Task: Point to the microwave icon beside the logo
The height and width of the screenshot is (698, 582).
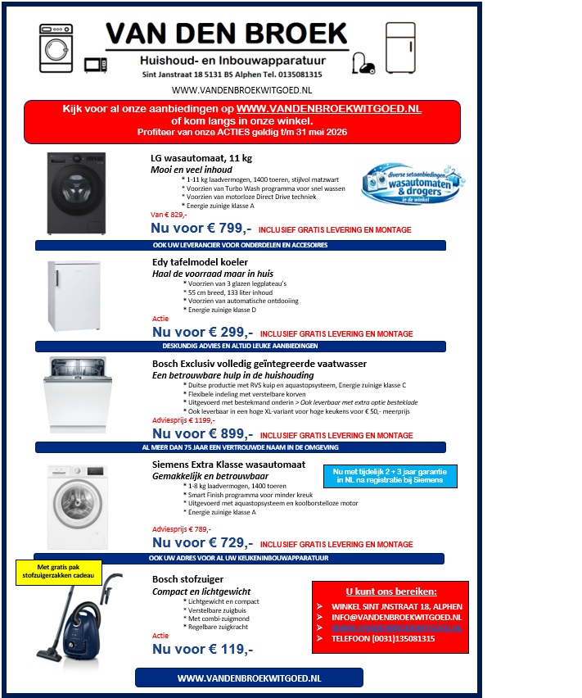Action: point(96,64)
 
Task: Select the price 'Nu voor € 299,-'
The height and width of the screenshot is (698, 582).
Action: point(202,333)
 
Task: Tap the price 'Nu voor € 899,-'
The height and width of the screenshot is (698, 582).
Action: point(202,434)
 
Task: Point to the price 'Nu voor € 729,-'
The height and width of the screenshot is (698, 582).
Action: point(202,542)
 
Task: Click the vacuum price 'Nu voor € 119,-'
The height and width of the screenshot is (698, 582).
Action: point(202,649)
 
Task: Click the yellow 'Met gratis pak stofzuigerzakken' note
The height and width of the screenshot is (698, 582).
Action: point(59,571)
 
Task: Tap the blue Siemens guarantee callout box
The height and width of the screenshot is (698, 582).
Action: point(389,476)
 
